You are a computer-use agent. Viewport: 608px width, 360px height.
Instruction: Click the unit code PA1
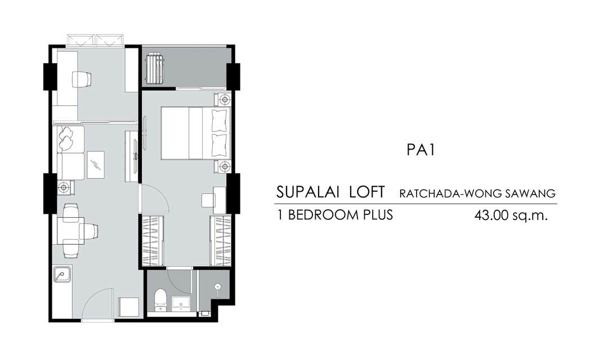pos(421,150)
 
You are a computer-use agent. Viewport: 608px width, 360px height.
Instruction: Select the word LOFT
pos(367,192)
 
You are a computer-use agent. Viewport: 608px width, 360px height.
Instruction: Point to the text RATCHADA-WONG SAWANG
pos(477,193)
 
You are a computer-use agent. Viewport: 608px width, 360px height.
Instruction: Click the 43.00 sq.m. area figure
pos(511,215)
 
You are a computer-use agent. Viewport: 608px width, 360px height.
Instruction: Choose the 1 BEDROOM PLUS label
pos(335,215)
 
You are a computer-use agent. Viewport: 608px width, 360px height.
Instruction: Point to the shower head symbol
pos(218,287)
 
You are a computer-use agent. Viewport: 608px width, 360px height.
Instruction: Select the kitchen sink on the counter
pos(62,274)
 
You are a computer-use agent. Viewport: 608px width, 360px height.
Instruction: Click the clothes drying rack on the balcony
pos(155,68)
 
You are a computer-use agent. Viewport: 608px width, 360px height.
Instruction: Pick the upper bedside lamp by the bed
pos(224,100)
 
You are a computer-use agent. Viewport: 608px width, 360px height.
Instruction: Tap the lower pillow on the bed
pos(220,144)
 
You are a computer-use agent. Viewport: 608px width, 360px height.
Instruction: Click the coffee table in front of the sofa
pos(95,165)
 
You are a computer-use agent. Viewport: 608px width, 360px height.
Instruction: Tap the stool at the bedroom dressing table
pos(208,200)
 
